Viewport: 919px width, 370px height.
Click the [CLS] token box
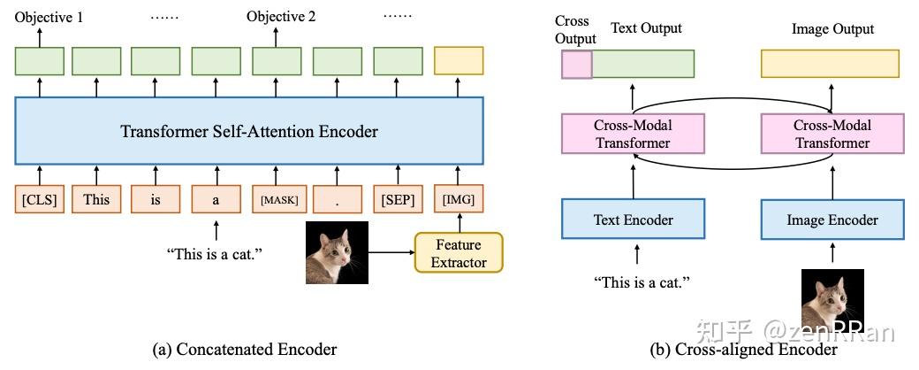(x=39, y=200)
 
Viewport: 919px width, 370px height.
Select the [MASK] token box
(x=276, y=200)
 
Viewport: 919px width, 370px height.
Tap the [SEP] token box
(x=398, y=200)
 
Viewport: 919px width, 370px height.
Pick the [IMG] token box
(x=459, y=199)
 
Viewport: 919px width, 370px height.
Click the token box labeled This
(x=96, y=200)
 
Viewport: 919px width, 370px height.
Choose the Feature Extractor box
(x=459, y=252)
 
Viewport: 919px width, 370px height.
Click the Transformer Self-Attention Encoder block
(x=249, y=130)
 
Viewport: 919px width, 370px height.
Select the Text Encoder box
(x=633, y=219)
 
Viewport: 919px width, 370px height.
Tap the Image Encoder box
(x=832, y=219)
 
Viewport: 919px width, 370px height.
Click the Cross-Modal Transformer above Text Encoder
(x=633, y=134)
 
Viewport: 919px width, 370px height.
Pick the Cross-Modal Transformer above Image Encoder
(x=832, y=134)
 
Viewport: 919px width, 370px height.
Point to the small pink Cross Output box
(x=577, y=64)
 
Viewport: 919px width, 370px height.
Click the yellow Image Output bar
(x=830, y=64)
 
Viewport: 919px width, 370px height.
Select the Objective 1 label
(x=49, y=17)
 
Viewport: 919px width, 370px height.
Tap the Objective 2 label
(x=281, y=17)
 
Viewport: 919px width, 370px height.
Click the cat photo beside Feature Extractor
(x=337, y=252)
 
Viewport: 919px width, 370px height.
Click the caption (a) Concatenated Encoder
(x=245, y=350)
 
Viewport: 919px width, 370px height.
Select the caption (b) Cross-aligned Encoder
(x=744, y=350)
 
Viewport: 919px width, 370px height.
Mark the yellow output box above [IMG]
(x=459, y=60)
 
